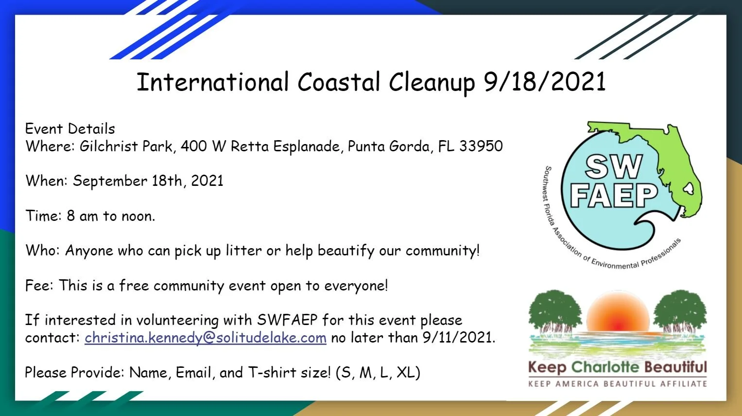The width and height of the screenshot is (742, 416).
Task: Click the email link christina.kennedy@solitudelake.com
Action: [x=205, y=338]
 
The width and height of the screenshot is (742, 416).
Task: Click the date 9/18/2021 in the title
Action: [x=544, y=82]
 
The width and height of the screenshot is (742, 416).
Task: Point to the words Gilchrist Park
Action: [x=126, y=146]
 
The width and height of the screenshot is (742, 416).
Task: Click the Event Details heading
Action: [x=70, y=129]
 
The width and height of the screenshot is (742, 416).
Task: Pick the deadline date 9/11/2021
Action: [x=458, y=338]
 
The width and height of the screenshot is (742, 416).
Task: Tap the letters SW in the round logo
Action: [x=613, y=167]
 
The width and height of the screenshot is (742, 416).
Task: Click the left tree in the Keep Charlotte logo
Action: [x=555, y=311]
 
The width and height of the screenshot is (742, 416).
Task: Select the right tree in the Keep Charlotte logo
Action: [x=680, y=311]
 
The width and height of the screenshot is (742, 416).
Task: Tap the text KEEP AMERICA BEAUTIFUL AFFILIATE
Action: [x=617, y=384]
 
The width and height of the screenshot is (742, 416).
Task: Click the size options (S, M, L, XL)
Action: [x=378, y=373]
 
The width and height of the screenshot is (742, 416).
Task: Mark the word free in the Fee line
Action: [x=134, y=286]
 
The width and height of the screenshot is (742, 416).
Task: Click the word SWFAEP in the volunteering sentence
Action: [x=287, y=320]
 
